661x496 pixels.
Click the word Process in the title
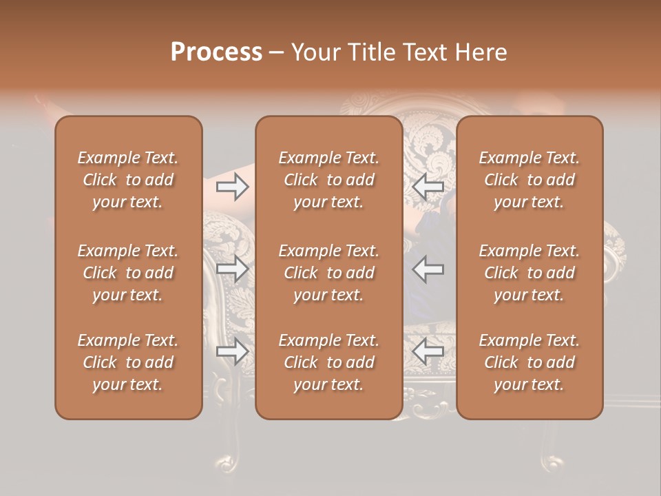pos(216,52)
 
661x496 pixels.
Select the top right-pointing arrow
pos(232,187)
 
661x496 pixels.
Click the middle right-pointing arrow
pos(232,269)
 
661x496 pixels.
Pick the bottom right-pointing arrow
pos(232,352)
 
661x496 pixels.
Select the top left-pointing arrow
pos(428,187)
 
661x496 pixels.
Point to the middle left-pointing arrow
pos(428,269)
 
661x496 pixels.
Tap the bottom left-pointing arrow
pos(428,352)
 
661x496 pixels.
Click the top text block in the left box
pos(128,180)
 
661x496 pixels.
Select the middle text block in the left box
pos(128,273)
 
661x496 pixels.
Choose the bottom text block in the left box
pos(128,362)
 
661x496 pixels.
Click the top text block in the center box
pos(328,180)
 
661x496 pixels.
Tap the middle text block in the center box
pos(328,273)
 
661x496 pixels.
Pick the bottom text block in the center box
pos(328,362)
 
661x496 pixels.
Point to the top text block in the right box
pos(529,180)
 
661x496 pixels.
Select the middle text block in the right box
pos(529,273)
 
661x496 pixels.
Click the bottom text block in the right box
pos(529,362)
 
